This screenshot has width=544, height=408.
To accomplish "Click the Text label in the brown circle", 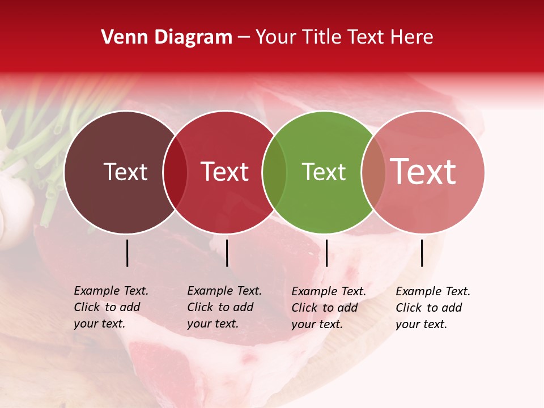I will pos(125,172).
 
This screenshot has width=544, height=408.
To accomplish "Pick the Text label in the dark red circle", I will pos(224,172).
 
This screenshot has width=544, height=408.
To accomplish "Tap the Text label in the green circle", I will pos(324,172).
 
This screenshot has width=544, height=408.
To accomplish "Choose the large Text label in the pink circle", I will pos(423,172).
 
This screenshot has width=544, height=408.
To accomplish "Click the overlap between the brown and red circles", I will pos(175,172).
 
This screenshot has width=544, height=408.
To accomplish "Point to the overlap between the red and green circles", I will pos(274,172).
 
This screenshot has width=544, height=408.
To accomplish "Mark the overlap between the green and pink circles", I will pos(373,172).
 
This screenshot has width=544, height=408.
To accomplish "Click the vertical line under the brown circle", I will pos(127,253).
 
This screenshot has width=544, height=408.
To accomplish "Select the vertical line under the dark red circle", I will pos(227,253).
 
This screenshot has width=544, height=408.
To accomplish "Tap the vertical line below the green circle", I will pos(326,253).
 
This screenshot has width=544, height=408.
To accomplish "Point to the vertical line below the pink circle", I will pos(422,253).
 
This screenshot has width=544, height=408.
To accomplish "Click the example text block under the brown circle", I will pos(110,307).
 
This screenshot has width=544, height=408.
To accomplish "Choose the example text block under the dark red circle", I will pos(224,307).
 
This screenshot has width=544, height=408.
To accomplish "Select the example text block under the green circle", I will pos(328,308).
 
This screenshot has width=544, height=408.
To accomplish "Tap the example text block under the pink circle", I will pos(432,308).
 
